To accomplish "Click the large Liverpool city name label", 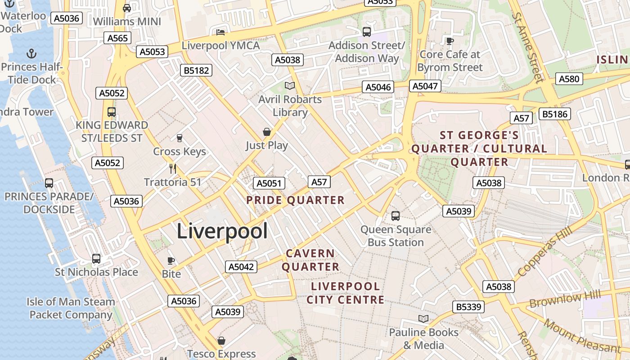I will click(222, 231).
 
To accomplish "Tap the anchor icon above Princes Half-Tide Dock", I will click(31, 54).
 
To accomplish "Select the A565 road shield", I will click(117, 38).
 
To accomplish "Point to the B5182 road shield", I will click(197, 70).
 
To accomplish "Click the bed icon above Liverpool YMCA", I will click(220, 32).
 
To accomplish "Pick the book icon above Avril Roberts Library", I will click(290, 85).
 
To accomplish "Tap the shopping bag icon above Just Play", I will click(267, 132).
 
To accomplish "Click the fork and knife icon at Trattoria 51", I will click(172, 169).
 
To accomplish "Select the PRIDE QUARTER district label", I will click(295, 200).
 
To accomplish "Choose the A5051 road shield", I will click(269, 183).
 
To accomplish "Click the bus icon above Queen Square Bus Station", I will click(396, 216).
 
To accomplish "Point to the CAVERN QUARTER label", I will click(310, 260).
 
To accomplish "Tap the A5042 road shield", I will click(241, 267).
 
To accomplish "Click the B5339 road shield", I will click(469, 307).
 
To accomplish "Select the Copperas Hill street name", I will click(544, 252).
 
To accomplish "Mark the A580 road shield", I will click(568, 79).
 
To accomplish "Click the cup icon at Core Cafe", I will click(450, 41).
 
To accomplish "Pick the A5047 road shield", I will click(425, 86).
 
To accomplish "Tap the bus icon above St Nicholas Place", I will click(96, 259).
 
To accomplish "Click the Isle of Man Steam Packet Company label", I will click(71, 308).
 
